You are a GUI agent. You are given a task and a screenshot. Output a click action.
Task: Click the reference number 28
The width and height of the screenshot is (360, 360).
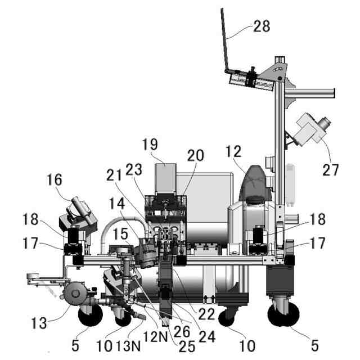[262, 26]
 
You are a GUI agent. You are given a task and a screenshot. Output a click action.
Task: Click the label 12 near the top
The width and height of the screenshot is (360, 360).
[249, 150]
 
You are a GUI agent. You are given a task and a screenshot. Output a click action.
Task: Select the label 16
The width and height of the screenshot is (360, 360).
[54, 180]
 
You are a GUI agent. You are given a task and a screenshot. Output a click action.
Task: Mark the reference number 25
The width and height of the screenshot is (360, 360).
[187, 345]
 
